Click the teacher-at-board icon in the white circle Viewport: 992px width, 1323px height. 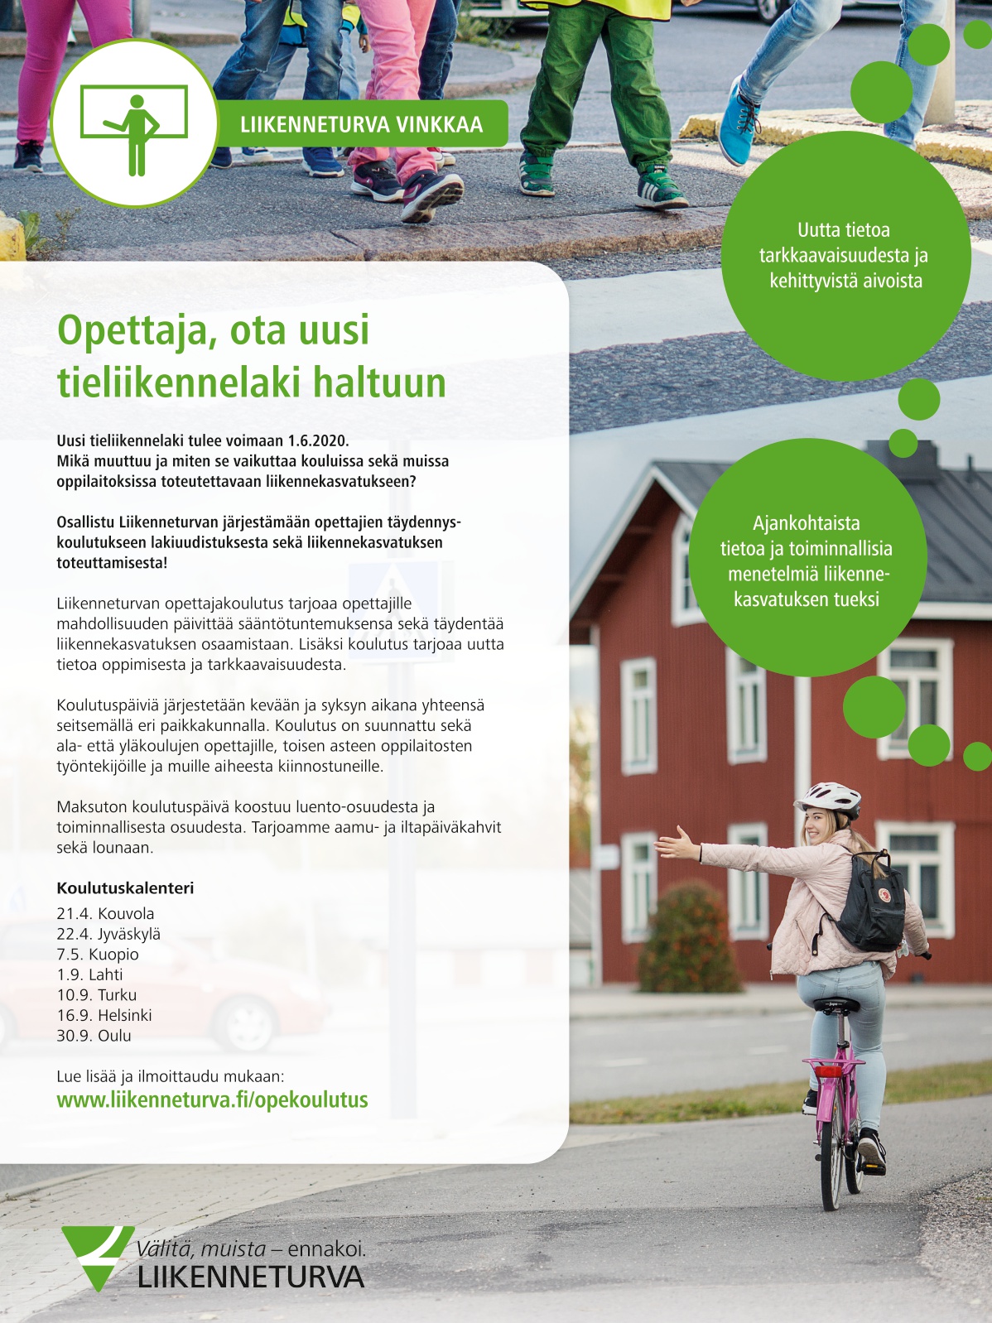tap(134, 124)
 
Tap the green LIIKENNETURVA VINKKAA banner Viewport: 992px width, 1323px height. tap(361, 124)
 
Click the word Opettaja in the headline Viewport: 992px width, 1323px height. tap(130, 330)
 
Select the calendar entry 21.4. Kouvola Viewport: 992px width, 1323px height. tap(105, 914)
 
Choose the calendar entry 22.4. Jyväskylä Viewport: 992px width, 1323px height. tap(108, 934)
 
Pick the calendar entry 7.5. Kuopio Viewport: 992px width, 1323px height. tap(98, 955)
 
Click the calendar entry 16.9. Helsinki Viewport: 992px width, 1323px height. tap(104, 1015)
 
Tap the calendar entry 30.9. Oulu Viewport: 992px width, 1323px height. tap(94, 1036)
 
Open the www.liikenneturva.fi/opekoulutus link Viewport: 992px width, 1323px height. tap(212, 1099)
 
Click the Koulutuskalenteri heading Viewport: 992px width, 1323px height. tap(125, 888)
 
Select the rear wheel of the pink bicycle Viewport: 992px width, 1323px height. tap(831, 1159)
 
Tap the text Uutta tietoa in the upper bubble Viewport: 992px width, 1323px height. tap(844, 230)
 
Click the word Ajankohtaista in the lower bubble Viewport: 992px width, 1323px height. tap(806, 523)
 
